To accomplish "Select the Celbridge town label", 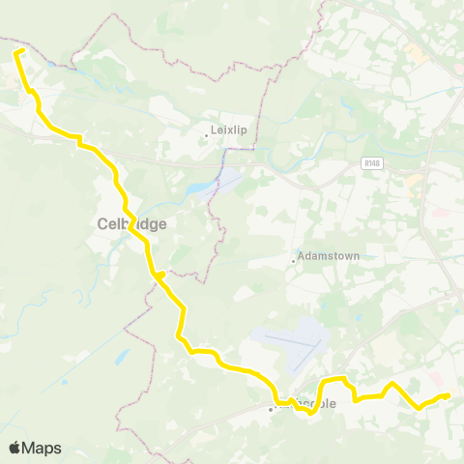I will pos(131,223).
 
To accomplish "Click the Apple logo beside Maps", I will pos(15,448).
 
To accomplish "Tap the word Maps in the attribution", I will pos(43,448).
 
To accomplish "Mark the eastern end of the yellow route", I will pos(449,394).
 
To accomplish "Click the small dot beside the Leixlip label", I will pos(206,135).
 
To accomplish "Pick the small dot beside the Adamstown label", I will pos(293,261).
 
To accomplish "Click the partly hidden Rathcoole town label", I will pos(311,403).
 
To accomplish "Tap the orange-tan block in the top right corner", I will pos(416,48).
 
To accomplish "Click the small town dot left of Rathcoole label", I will pos(271,409).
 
